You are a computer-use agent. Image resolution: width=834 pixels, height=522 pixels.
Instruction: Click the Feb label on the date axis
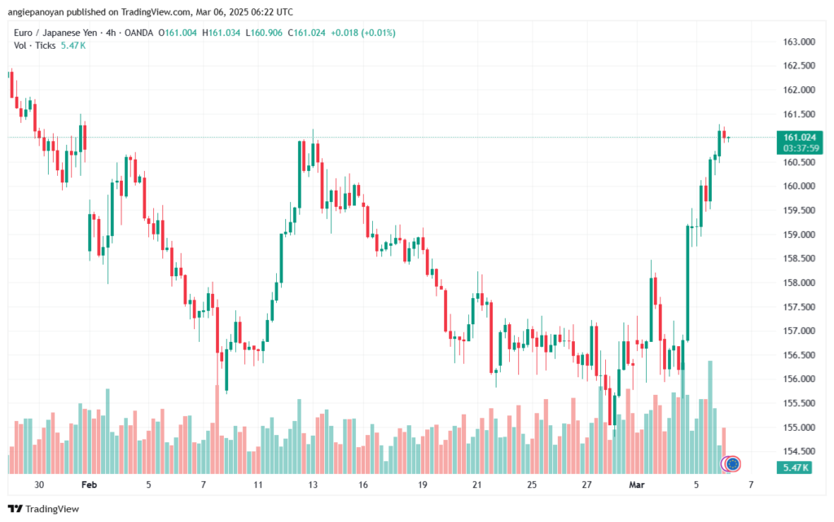(90, 485)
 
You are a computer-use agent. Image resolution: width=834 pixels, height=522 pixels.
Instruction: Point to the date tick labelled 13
(313, 485)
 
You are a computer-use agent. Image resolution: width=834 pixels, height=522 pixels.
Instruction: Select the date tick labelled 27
(587, 485)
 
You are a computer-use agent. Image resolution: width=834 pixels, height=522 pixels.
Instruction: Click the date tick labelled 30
(40, 485)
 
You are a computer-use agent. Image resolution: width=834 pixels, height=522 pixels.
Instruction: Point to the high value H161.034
(222, 33)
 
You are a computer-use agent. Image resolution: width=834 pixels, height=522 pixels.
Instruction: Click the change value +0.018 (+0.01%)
(361, 33)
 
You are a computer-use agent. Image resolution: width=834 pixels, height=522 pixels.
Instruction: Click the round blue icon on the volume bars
(732, 464)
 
